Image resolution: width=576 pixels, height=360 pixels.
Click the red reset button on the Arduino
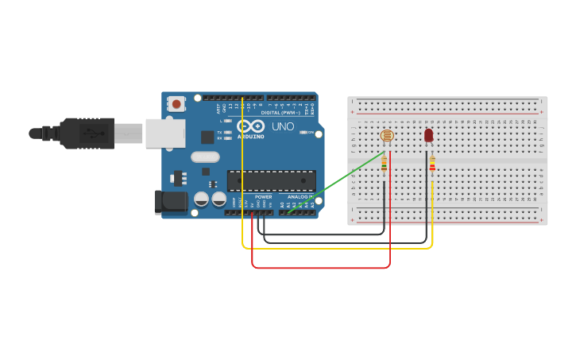(x=176, y=103)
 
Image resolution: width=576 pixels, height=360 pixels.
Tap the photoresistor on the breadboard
(x=387, y=136)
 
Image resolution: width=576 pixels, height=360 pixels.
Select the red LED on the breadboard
(x=429, y=136)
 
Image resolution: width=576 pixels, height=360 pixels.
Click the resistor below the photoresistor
(x=385, y=164)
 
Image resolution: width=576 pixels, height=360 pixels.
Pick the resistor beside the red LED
(x=432, y=165)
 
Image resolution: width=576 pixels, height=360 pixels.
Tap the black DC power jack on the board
(x=170, y=202)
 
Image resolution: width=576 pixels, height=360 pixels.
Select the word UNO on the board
(x=284, y=126)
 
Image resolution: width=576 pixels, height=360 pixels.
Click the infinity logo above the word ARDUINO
(x=250, y=126)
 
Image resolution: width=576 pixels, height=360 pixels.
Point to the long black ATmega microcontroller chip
(x=271, y=180)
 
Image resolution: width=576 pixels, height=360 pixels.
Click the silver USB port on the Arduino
(x=165, y=134)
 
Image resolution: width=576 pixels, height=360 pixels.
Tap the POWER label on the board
(x=263, y=196)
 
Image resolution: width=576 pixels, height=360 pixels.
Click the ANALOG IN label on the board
(x=300, y=196)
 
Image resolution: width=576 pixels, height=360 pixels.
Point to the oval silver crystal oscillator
(x=205, y=157)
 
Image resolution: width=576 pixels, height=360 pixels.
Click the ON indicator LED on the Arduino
(x=303, y=132)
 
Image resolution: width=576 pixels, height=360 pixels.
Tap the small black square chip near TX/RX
(x=207, y=137)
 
